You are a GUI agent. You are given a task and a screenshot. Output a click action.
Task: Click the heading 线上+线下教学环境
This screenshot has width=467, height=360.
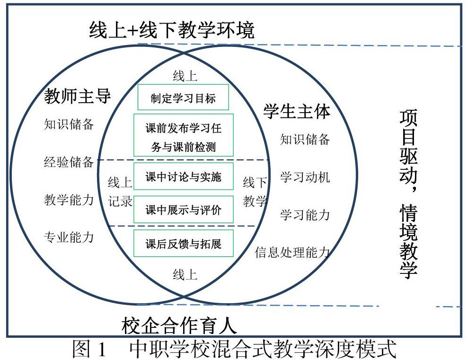(x=172, y=30)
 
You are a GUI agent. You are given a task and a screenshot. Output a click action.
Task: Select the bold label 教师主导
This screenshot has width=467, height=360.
(x=78, y=96)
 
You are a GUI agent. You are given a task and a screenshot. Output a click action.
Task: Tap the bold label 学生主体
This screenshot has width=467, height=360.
(x=297, y=112)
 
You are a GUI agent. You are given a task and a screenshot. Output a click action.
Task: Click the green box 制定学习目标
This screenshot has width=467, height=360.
(x=183, y=97)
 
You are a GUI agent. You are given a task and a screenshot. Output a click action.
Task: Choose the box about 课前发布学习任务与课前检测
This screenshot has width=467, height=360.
(x=184, y=135)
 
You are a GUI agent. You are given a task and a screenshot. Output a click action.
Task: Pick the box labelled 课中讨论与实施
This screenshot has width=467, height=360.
(x=184, y=176)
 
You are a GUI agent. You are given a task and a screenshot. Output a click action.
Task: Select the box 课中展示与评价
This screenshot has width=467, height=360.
(x=184, y=210)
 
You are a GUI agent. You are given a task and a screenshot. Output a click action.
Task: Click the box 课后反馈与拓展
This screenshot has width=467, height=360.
(x=184, y=243)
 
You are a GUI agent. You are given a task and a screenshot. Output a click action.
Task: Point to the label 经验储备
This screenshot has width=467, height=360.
(x=69, y=162)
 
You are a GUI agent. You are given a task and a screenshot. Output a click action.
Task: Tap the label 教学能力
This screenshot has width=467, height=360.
(x=69, y=200)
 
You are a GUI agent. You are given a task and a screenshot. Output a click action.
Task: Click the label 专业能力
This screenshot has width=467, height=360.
(x=69, y=237)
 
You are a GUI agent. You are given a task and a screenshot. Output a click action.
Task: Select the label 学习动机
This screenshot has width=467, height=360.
(x=305, y=177)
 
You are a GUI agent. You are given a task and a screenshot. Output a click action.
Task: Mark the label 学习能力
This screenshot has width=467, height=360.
(x=305, y=215)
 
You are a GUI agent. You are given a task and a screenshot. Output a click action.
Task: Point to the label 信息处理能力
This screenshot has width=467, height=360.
(x=292, y=253)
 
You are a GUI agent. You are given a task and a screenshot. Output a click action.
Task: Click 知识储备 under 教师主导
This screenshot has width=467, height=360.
(x=69, y=124)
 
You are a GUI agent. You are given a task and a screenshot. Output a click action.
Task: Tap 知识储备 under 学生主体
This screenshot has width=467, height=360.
(x=305, y=140)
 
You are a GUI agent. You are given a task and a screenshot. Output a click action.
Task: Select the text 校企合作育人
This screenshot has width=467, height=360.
(x=179, y=325)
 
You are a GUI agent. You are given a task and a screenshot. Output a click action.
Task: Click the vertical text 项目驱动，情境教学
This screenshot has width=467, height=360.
(x=408, y=194)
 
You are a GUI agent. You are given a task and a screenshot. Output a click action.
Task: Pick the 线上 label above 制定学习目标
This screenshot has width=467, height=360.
(x=185, y=76)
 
